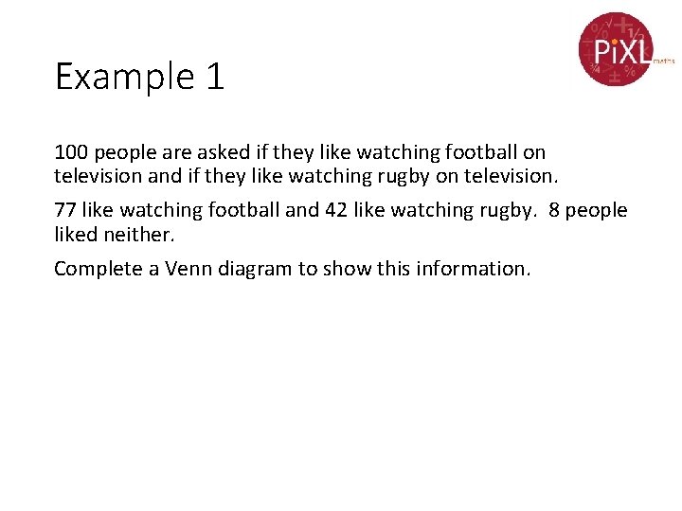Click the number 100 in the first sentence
click(x=70, y=152)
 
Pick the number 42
click(x=335, y=210)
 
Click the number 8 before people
click(x=555, y=210)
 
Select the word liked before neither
click(x=77, y=233)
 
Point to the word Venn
click(x=188, y=269)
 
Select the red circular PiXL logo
click(x=616, y=48)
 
